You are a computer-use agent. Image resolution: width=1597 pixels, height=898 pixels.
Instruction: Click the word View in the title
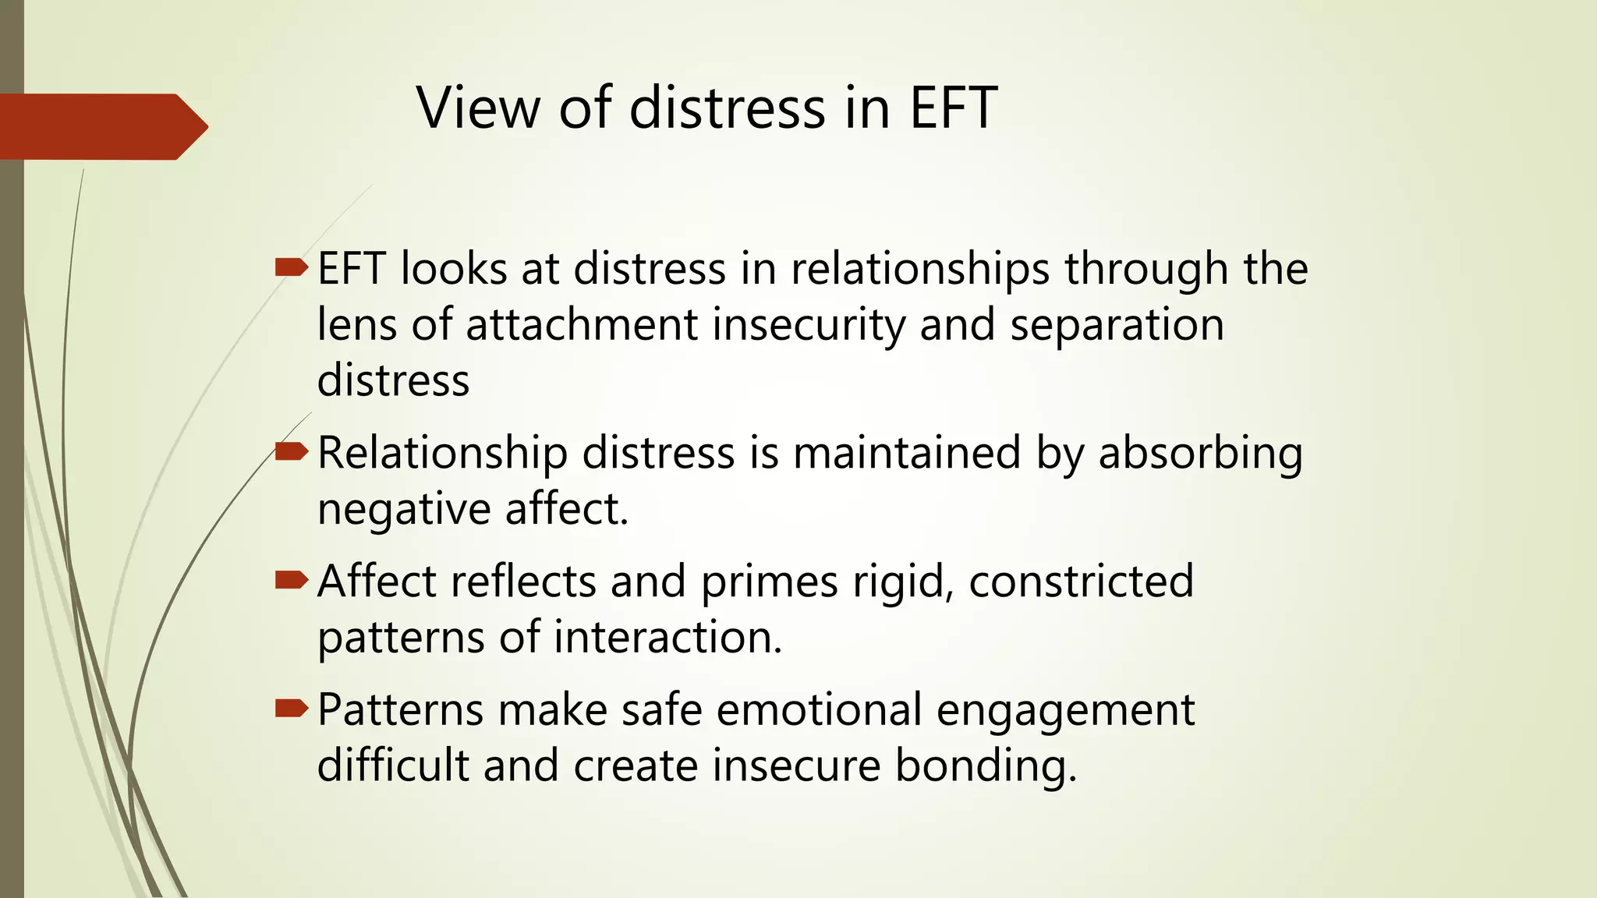(478, 108)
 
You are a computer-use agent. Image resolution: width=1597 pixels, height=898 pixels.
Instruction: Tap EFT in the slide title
(953, 108)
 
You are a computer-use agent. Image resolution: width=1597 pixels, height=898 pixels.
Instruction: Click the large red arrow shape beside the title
(101, 126)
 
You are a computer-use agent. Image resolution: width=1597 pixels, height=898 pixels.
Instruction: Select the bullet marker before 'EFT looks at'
(292, 268)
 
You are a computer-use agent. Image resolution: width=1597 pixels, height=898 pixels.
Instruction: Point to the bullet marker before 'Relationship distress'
(292, 451)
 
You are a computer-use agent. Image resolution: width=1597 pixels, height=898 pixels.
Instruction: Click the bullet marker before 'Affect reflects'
(292, 580)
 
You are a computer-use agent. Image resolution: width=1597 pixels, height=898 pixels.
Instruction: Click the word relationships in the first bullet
(919, 269)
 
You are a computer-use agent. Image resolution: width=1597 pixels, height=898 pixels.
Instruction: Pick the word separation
(1117, 324)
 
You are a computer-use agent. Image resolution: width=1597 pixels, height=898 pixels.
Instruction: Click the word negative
(403, 510)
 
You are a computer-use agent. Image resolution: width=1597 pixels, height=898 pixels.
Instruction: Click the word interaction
(667, 638)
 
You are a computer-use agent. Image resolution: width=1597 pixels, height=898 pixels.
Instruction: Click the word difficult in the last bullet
(392, 765)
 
